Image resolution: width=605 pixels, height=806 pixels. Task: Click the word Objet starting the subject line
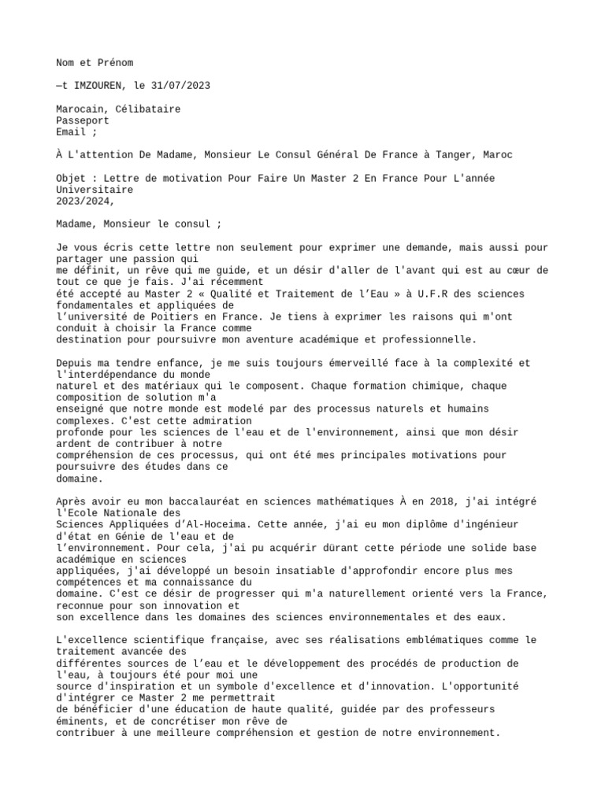(72, 178)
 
